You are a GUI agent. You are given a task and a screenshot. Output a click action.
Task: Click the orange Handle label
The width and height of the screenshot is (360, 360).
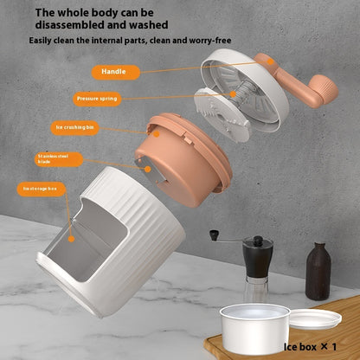click(x=113, y=72)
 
